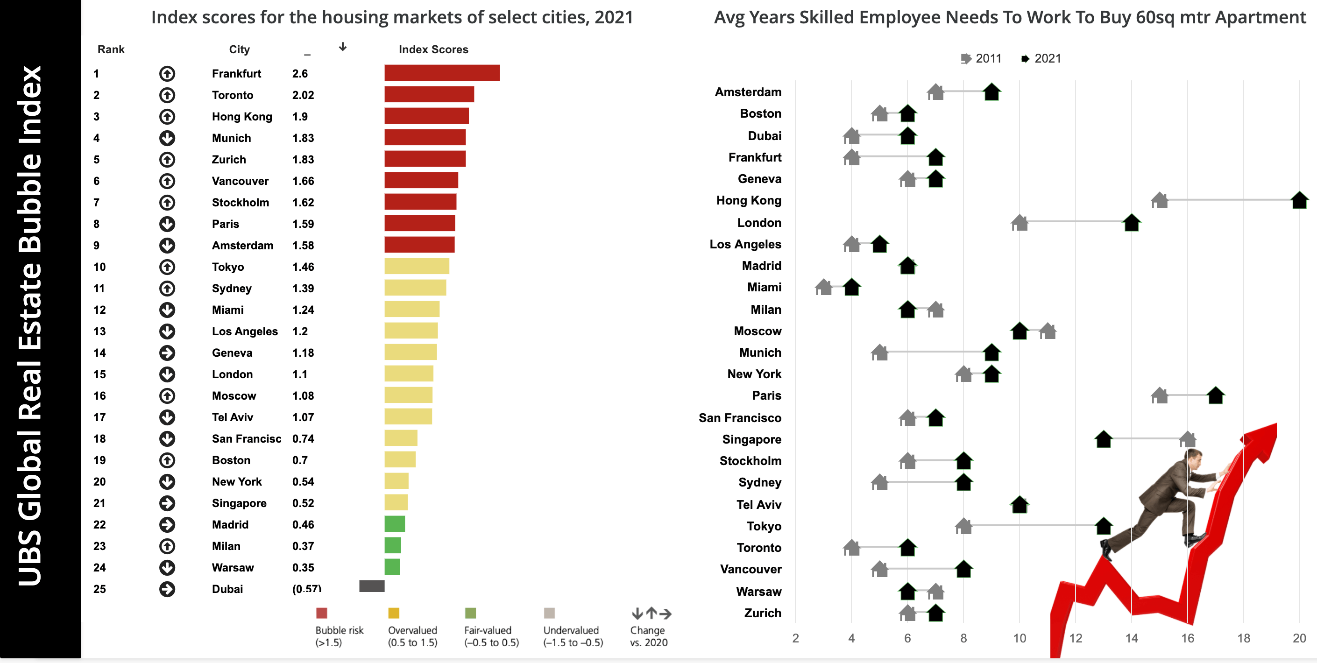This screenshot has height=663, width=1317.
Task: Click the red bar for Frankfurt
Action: [442, 73]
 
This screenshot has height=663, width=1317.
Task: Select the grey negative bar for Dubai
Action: [372, 586]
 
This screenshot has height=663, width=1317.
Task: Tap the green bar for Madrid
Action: [395, 524]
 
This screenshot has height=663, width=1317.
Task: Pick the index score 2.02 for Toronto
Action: [303, 95]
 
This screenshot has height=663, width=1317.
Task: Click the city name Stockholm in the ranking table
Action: [241, 203]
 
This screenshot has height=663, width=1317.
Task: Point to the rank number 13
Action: [99, 331]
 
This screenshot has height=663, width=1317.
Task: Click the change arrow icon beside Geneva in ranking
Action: [167, 353]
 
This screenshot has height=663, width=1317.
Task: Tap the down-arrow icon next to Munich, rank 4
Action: [167, 138]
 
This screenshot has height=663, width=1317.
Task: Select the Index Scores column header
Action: [433, 49]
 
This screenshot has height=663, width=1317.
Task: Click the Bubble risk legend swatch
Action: [322, 613]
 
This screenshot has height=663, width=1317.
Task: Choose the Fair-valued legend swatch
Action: [470, 613]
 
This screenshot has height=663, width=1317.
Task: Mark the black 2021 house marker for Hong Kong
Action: [1299, 200]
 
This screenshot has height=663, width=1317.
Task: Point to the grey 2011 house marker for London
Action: [1020, 223]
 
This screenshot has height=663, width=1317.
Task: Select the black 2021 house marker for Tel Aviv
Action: [1020, 505]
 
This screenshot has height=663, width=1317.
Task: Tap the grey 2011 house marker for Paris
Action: [1159, 395]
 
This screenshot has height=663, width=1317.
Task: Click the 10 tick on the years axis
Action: [1020, 638]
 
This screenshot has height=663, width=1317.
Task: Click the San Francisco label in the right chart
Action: [740, 418]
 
